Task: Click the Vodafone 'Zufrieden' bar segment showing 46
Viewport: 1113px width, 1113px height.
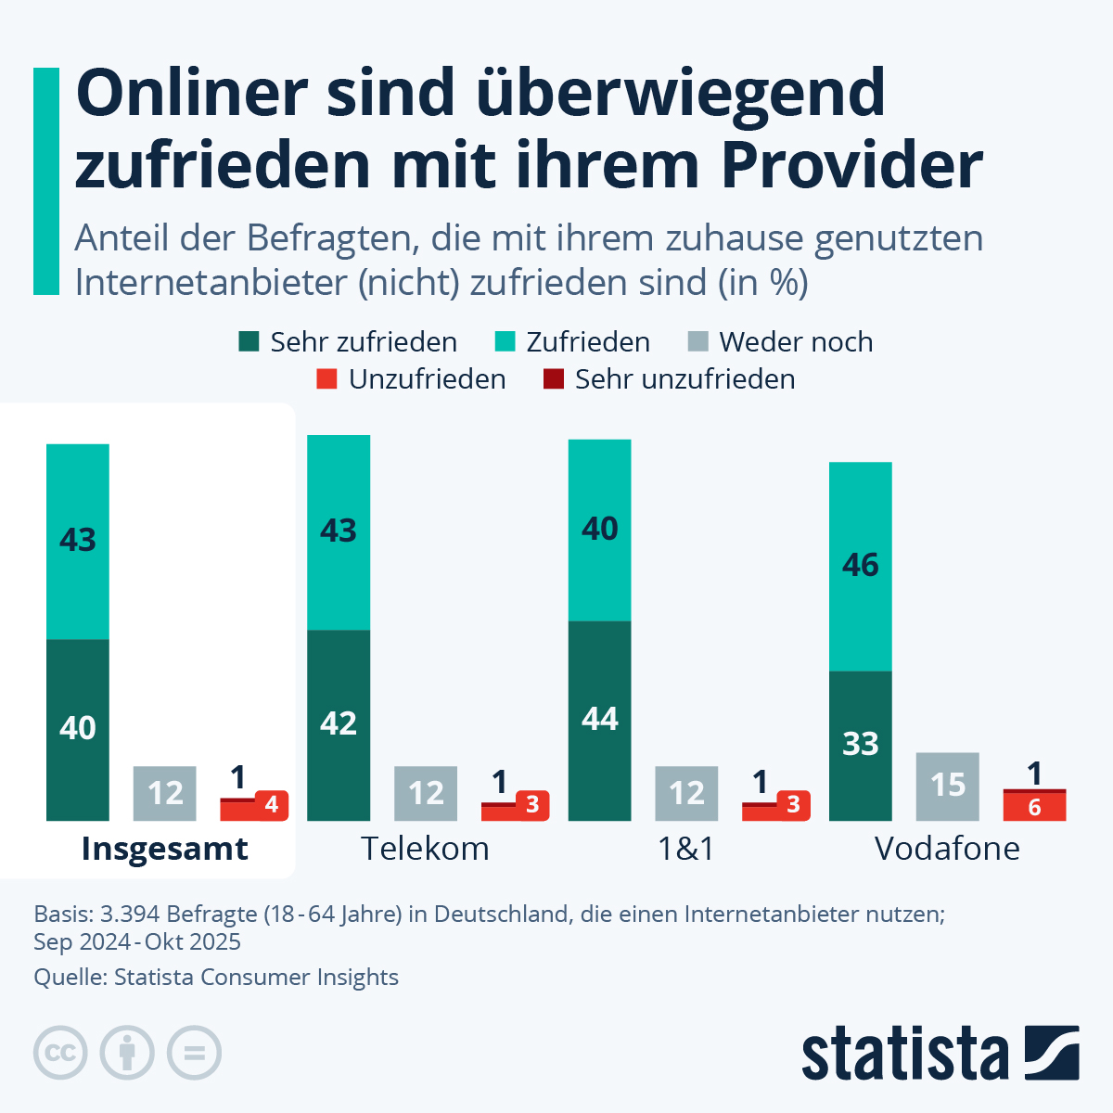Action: pyautogui.click(x=860, y=566)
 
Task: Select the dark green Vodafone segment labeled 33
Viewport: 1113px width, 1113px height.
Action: pyautogui.click(x=860, y=745)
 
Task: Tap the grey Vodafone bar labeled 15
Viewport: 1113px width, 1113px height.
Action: pyautogui.click(x=947, y=786)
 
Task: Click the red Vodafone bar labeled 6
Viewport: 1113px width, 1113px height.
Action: pyautogui.click(x=1034, y=807)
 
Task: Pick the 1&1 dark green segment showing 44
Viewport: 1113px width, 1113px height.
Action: pyautogui.click(x=599, y=720)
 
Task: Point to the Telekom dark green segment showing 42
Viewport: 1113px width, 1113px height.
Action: pyautogui.click(x=339, y=724)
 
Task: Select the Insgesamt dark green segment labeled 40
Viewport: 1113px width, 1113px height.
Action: pyautogui.click(x=78, y=729)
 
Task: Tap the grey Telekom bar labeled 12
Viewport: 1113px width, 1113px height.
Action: pyautogui.click(x=426, y=793)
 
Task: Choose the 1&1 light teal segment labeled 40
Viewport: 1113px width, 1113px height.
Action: pyautogui.click(x=599, y=530)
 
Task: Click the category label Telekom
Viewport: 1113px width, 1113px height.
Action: pyautogui.click(x=425, y=849)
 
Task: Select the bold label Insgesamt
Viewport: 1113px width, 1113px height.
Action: pyautogui.click(x=164, y=849)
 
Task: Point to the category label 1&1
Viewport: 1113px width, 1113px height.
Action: pyautogui.click(x=685, y=849)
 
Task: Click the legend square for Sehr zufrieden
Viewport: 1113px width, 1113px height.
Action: pyautogui.click(x=249, y=341)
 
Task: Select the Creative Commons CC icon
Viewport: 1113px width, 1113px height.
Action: pyautogui.click(x=60, y=1054)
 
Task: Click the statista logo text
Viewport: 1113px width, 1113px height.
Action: pyautogui.click(x=904, y=1054)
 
